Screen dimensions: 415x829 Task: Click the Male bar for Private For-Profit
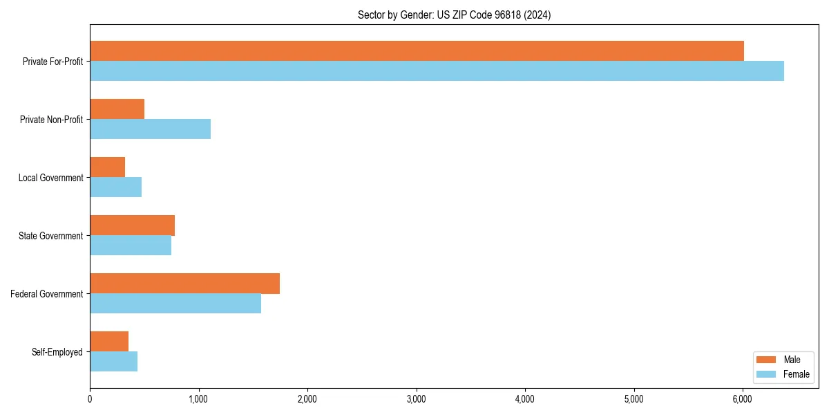coord(417,51)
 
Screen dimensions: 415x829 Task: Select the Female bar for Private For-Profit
coord(437,71)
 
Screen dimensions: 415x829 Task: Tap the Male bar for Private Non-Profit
coord(117,109)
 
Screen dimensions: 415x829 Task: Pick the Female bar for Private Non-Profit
coord(150,129)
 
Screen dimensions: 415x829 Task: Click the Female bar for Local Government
coord(115,187)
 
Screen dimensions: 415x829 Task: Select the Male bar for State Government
coord(132,225)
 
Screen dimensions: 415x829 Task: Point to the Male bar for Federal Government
coord(184,284)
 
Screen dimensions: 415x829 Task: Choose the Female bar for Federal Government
coord(175,304)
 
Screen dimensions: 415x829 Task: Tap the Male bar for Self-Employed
coord(109,342)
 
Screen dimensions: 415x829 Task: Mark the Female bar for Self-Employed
coord(113,362)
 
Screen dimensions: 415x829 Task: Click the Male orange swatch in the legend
coord(767,360)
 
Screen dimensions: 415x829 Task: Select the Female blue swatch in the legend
coord(767,374)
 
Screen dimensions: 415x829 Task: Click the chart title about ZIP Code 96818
coord(454,15)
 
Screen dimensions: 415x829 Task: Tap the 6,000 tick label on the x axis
coord(742,399)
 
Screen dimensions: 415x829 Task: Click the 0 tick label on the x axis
coord(90,399)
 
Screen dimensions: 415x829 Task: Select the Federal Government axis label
coord(47,294)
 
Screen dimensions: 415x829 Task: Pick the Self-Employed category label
coord(57,352)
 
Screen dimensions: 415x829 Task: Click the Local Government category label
coord(50,178)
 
